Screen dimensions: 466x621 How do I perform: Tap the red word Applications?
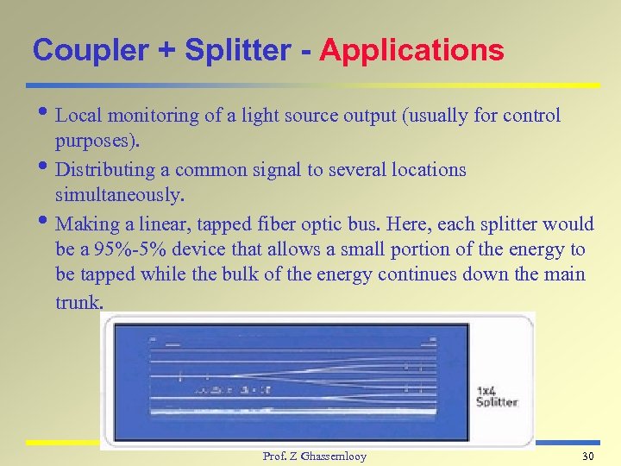coord(411,50)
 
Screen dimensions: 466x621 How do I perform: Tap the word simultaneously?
coord(119,196)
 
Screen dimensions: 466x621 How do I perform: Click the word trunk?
coord(78,302)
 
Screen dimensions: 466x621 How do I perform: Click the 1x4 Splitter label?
coord(497,396)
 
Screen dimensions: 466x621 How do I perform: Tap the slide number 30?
coord(589,456)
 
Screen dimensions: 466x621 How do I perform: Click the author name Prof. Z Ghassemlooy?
coord(314,456)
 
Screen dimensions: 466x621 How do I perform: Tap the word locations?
coord(428,170)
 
